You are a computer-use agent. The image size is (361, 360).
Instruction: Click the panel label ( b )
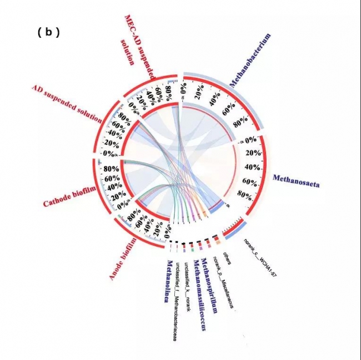coord(48,32)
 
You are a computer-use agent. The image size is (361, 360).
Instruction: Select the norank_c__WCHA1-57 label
coord(260,257)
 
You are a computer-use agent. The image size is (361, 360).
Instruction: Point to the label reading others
coord(227,261)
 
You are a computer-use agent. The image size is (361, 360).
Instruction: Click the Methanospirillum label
coord(210,286)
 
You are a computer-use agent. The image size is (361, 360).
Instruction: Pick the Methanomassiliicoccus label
coord(199,295)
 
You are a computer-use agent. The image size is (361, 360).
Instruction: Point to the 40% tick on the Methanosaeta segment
coord(253,167)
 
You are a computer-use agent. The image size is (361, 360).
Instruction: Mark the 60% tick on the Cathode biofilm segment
coord(112,179)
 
